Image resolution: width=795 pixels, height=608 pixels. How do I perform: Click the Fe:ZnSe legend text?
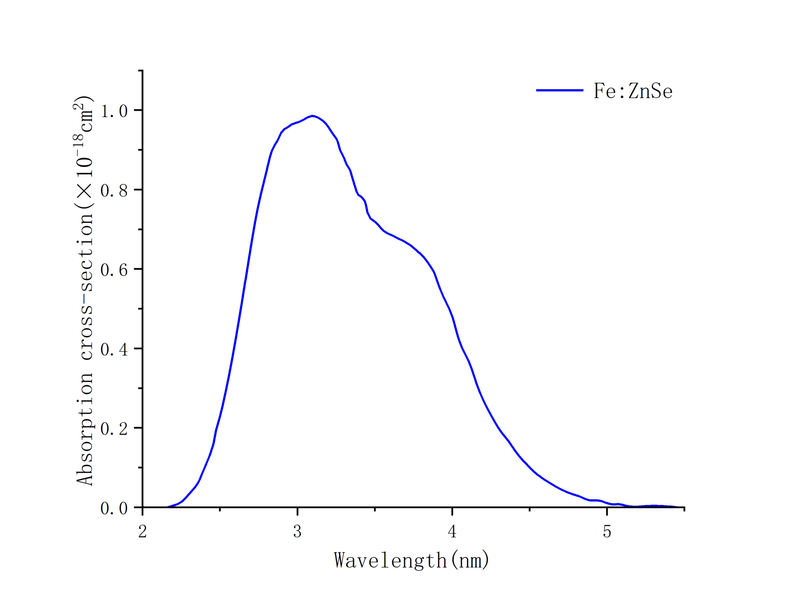(x=633, y=91)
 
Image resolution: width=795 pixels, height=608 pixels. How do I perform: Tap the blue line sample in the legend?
(x=559, y=90)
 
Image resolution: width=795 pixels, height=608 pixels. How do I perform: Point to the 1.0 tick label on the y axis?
(x=114, y=111)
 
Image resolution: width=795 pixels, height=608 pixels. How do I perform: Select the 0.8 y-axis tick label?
(x=114, y=191)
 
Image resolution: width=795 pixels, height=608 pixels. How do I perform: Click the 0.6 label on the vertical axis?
(x=114, y=270)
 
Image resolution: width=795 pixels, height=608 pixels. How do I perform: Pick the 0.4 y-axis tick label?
(x=114, y=350)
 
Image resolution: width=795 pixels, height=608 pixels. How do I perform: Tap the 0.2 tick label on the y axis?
(x=114, y=429)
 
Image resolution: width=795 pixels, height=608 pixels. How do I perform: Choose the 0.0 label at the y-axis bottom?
(x=114, y=508)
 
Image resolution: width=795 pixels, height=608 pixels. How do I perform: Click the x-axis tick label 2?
(x=142, y=532)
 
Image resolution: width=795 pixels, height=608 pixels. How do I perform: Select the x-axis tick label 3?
(x=297, y=532)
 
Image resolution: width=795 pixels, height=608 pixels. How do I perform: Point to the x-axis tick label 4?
(x=452, y=532)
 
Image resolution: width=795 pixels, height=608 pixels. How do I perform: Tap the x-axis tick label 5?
(x=607, y=532)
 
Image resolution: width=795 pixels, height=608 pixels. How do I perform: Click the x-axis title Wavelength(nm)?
(x=411, y=561)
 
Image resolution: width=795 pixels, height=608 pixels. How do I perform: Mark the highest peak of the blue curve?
(x=312, y=116)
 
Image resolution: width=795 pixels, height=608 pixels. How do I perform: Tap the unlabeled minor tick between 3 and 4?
(x=375, y=509)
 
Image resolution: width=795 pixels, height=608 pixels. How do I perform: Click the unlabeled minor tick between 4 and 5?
(x=530, y=509)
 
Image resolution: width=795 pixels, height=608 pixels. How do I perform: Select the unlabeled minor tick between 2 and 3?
(x=220, y=509)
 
